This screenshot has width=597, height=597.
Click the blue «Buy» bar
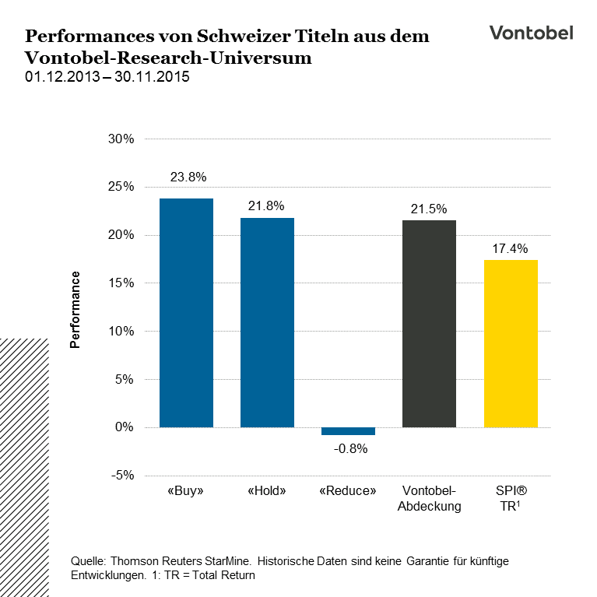tap(186, 313)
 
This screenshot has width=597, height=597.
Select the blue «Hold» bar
tap(267, 322)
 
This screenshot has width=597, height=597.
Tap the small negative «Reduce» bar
tap(348, 431)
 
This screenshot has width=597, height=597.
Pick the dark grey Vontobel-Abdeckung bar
tap(429, 324)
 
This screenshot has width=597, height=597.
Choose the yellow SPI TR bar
tap(511, 343)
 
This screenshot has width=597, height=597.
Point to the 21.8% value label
tap(267, 206)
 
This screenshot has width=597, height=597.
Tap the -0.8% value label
tap(348, 449)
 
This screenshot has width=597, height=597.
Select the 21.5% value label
tap(429, 209)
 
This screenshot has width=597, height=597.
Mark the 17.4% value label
tap(511, 249)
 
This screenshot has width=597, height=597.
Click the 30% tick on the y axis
tap(122, 139)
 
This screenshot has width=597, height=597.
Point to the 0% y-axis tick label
tap(125, 427)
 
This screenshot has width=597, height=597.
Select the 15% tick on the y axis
tap(122, 283)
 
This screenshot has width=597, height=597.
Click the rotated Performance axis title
tap(76, 309)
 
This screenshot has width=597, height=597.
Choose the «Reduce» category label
tap(348, 492)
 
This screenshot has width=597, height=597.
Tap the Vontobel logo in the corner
tap(531, 33)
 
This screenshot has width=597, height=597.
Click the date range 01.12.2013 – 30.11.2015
tap(107, 77)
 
